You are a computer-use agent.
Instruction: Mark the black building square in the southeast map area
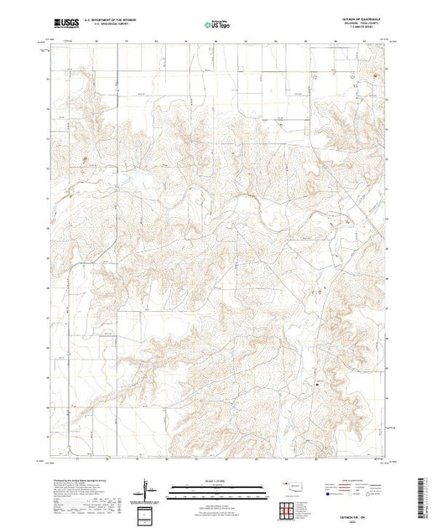coord(318,384)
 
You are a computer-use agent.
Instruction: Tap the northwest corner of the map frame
coord(50,47)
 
